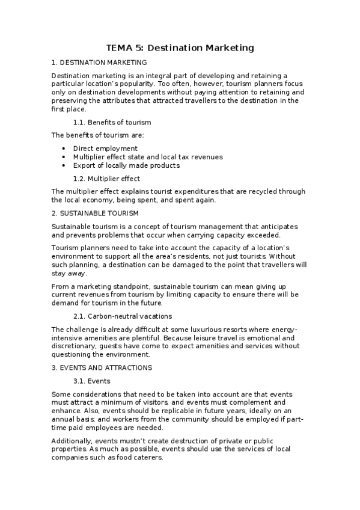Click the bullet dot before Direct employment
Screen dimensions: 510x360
64,148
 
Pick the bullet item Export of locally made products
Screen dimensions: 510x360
126,165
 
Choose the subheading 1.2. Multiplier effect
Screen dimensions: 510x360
106,179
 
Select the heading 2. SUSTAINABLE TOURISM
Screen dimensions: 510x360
95,213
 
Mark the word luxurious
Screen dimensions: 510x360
210,329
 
